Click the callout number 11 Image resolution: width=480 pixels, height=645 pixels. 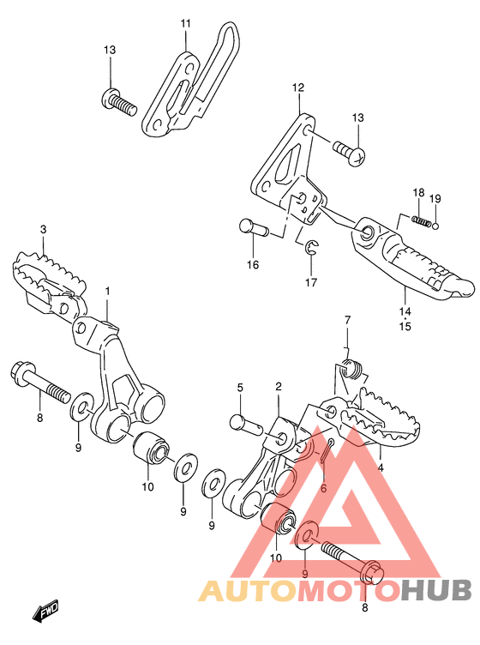point(186,23)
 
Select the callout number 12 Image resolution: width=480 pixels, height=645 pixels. point(298,87)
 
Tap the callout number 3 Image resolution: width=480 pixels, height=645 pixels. point(43,230)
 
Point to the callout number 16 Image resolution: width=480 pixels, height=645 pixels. point(253,265)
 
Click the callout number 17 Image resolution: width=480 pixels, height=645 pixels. point(311,282)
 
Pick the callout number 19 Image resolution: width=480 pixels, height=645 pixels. point(435,199)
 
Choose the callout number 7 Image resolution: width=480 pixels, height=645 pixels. point(348,320)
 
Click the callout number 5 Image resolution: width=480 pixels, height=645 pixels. point(240,388)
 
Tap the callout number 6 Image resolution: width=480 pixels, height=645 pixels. point(323,489)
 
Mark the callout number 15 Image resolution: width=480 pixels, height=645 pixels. point(405,327)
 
